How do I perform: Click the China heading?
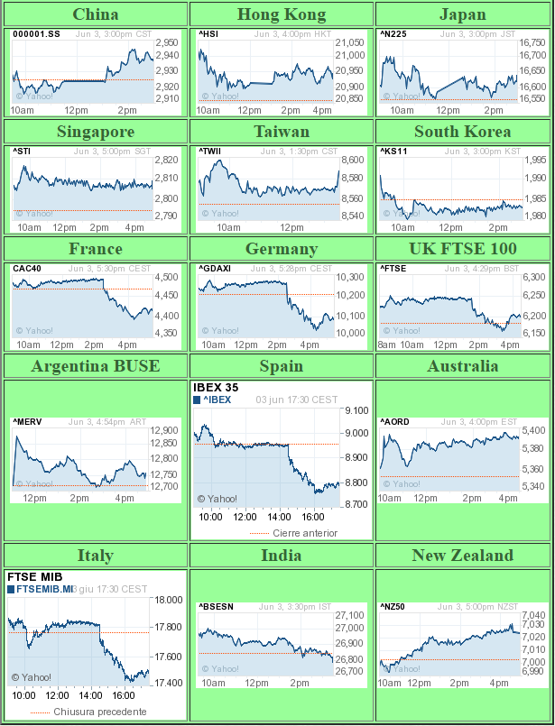pos(95,14)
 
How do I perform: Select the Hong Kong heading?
pos(282,14)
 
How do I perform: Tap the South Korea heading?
pos(462,132)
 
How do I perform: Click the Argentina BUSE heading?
pos(95,366)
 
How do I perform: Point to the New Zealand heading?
pos(462,556)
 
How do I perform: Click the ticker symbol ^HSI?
pos(208,33)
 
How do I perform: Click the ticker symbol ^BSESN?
pos(216,606)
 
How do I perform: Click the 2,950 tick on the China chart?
pos(167,42)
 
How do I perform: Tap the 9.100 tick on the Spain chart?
pos(356,410)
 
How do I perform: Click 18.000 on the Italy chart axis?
pos(170,600)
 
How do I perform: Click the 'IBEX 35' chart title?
pos(216,388)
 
